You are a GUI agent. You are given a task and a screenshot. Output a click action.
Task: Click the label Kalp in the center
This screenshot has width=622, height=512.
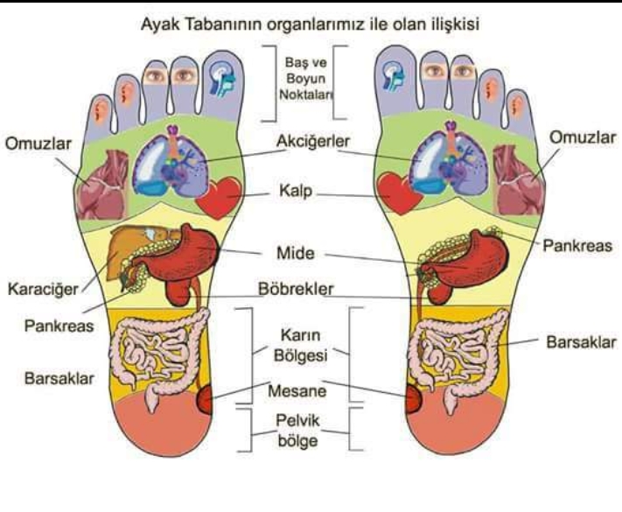296,191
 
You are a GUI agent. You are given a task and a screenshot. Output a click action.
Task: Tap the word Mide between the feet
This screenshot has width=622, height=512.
296,253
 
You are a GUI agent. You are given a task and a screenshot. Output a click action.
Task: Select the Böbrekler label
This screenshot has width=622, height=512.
296,289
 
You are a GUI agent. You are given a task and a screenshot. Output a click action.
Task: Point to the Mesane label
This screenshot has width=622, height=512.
297,391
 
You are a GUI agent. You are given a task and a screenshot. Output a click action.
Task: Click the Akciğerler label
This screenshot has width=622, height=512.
313,141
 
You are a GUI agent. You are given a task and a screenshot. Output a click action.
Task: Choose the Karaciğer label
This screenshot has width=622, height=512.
43,289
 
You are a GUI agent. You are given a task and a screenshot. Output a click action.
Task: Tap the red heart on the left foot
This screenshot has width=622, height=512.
219,198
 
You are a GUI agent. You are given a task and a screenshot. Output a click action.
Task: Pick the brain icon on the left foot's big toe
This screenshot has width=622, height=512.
222,80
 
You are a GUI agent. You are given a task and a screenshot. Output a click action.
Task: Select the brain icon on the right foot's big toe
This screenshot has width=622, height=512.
394,77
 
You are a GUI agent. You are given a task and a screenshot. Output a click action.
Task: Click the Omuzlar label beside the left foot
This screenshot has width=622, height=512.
38,144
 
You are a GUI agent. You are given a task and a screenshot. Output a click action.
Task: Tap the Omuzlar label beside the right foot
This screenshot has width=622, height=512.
583,137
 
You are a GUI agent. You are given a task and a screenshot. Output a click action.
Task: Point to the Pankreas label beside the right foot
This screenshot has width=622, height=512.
577,246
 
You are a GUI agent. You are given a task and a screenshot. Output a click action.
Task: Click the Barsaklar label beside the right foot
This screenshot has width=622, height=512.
581,342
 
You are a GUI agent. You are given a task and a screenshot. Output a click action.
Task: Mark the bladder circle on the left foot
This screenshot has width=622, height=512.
205,400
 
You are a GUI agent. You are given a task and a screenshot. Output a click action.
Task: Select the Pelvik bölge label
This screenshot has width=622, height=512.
297,431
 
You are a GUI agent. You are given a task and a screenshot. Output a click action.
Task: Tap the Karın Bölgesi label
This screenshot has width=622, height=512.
301,346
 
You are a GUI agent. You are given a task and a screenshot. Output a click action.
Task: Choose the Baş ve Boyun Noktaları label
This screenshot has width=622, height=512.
306,79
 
